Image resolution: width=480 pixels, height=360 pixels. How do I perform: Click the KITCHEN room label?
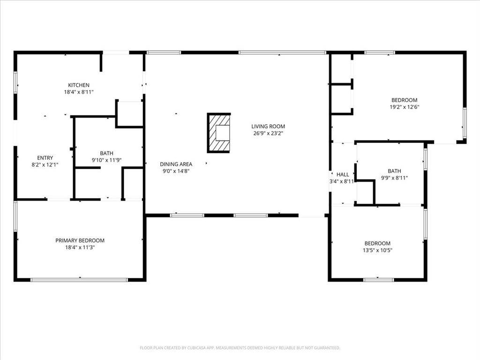tap(79, 85)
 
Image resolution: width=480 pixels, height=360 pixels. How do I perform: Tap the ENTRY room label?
tap(45, 158)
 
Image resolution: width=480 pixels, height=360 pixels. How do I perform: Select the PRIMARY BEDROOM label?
tap(80, 240)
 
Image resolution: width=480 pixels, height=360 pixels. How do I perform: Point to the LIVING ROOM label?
tap(268, 126)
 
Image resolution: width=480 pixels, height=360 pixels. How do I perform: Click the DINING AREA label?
tap(176, 165)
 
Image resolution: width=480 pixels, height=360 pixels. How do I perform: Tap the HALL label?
tap(343, 174)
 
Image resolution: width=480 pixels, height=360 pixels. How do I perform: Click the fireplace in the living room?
tap(219, 133)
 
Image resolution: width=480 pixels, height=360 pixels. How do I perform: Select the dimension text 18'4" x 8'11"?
tap(79, 92)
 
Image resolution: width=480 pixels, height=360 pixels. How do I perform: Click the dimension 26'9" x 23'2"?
tap(268, 133)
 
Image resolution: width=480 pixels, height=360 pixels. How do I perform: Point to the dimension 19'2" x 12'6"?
tap(405, 107)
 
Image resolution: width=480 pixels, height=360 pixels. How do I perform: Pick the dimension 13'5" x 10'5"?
tap(377, 250)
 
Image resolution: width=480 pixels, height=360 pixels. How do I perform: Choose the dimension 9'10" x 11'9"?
tap(107, 160)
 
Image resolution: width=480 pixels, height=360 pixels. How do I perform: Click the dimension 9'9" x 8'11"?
tap(394, 178)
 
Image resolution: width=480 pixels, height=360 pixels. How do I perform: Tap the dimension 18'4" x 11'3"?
tap(80, 247)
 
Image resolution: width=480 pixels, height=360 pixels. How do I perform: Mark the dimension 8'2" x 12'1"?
tap(45, 165)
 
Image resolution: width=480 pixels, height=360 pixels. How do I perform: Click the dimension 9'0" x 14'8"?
tap(176, 171)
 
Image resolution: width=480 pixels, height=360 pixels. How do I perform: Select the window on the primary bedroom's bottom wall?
tap(79, 279)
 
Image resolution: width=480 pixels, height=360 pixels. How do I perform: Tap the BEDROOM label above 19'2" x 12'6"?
tap(405, 100)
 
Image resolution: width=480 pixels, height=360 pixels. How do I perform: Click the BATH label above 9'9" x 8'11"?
tap(394, 171)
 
